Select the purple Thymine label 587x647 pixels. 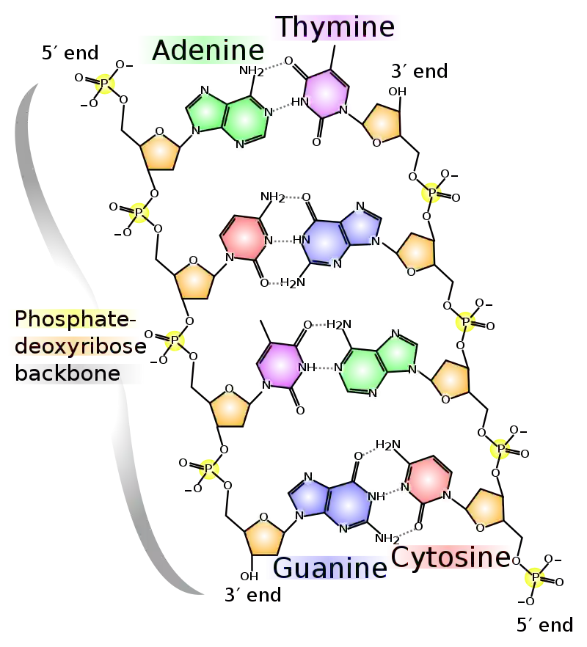(336, 27)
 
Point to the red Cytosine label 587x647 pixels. (449, 557)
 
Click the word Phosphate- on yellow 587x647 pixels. (73, 318)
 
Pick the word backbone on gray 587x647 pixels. (68, 373)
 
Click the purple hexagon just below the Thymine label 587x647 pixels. (325, 93)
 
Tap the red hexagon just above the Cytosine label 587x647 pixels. (429, 480)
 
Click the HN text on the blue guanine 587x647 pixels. (300, 239)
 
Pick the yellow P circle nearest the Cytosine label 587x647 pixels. (535, 577)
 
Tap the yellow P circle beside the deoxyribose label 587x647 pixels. (175, 340)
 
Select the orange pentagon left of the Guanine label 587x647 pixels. (264, 537)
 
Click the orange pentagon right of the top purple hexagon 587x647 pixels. (382, 123)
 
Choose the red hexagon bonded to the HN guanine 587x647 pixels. (244, 238)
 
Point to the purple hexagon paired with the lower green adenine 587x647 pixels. (280, 364)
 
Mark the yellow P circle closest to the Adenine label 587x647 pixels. (105, 84)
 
